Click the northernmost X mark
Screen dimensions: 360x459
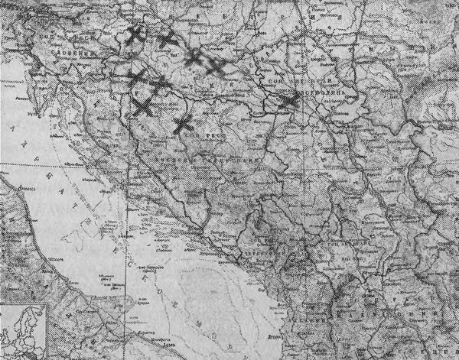point(135,34)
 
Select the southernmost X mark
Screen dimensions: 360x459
point(181,124)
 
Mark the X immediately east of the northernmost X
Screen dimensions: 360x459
point(166,39)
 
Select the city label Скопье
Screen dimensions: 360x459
point(360,294)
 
